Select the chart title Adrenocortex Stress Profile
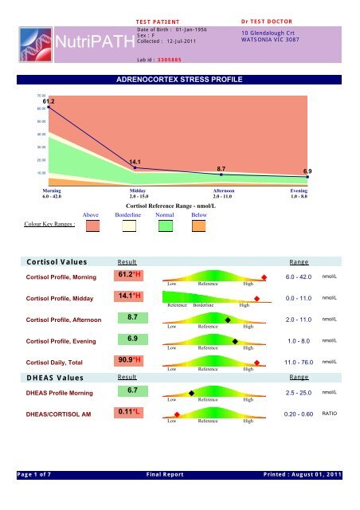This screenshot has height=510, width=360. point(179,80)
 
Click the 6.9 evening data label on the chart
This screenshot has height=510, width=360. point(307,172)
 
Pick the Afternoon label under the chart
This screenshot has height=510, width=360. point(222,192)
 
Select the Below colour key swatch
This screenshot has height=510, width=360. point(200,227)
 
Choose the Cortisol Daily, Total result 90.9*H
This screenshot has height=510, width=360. point(128,360)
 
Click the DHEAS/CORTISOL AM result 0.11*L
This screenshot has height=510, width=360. point(128,412)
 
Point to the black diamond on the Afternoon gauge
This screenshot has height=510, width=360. point(228,320)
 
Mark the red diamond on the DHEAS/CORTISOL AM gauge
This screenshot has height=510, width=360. point(177,414)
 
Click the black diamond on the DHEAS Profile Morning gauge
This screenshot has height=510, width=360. point(191,394)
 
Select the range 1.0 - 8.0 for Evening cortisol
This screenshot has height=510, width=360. point(303,341)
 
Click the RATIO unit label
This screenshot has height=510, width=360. point(330,414)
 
